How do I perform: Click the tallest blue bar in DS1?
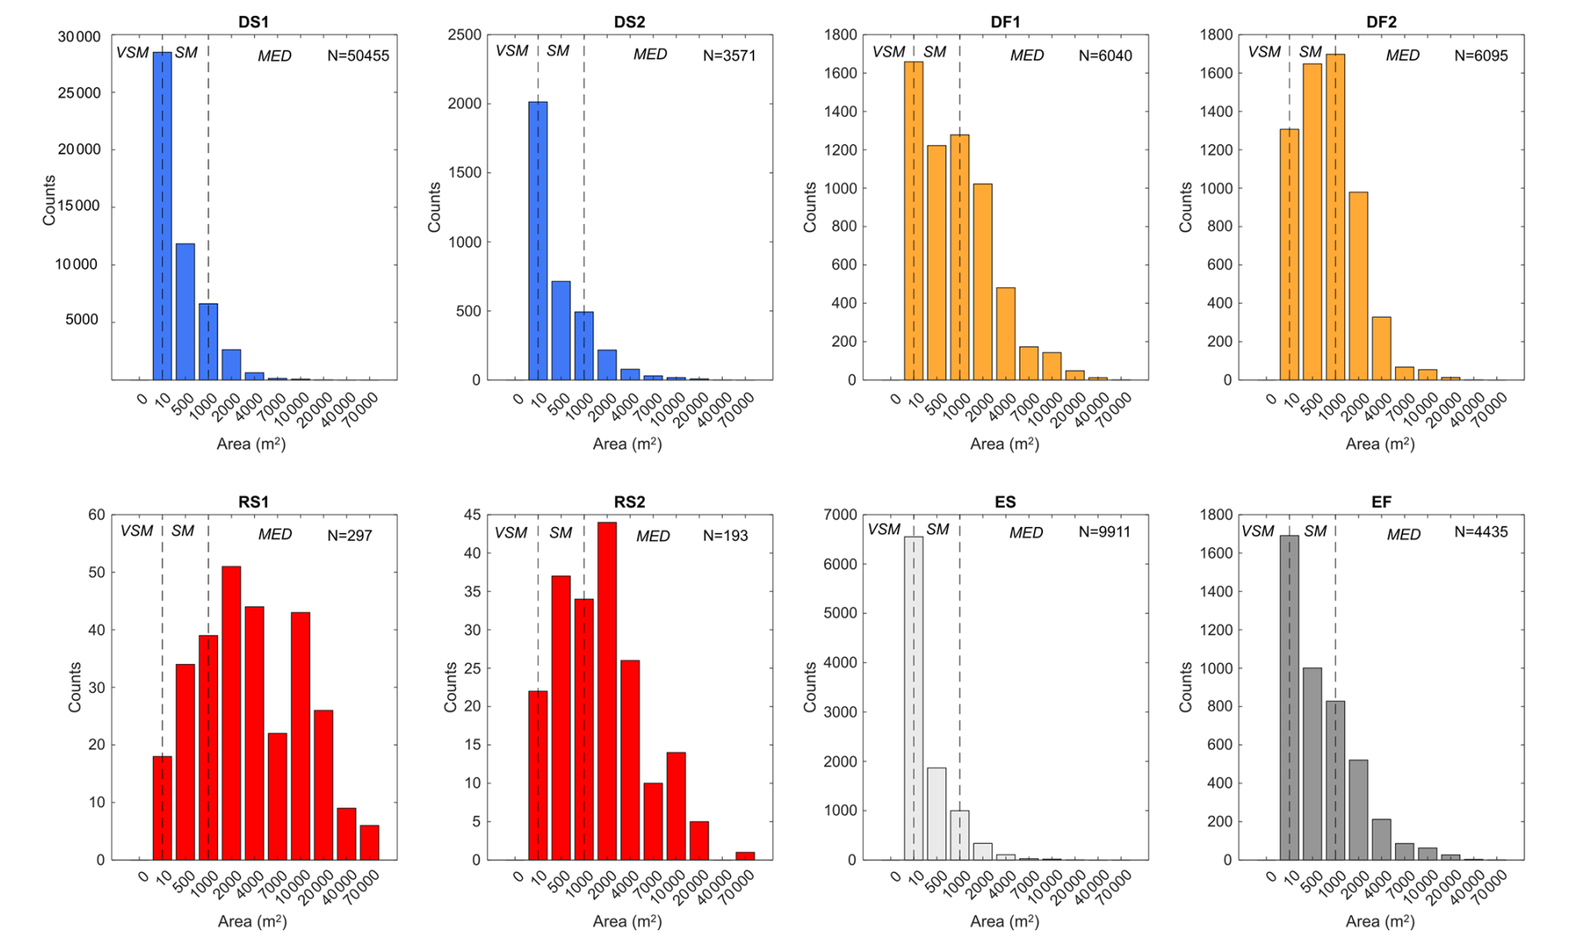pyautogui.click(x=162, y=216)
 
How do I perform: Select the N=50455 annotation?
pyautogui.click(x=358, y=56)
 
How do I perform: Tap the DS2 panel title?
pyautogui.click(x=629, y=22)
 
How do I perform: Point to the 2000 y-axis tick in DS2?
pyautogui.click(x=466, y=104)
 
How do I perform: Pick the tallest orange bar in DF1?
pyautogui.click(x=914, y=221)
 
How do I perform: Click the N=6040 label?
pyautogui.click(x=1105, y=56)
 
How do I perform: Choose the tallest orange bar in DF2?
pyautogui.click(x=1335, y=217)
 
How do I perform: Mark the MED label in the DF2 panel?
pyautogui.click(x=1402, y=56)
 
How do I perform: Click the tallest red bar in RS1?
pyautogui.click(x=231, y=713)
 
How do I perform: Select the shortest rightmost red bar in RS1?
pyautogui.click(x=369, y=842)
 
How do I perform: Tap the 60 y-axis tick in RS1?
pyautogui.click(x=96, y=515)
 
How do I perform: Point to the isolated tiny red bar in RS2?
pyautogui.click(x=745, y=856)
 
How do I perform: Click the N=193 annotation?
pyautogui.click(x=725, y=536)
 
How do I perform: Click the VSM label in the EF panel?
pyautogui.click(x=1257, y=532)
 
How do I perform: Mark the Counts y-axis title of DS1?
pyautogui.click(x=50, y=200)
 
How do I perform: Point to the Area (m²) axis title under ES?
pyautogui.click(x=1004, y=921)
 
